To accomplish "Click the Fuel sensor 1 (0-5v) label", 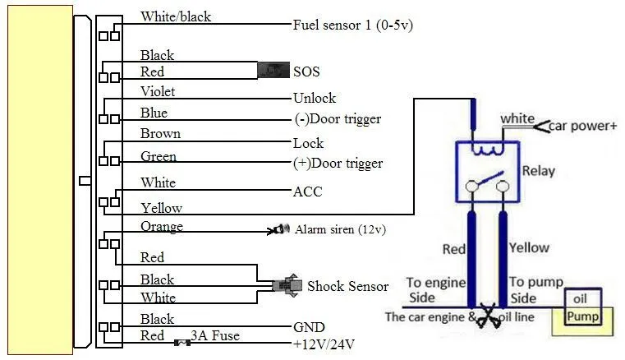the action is [x=353, y=25].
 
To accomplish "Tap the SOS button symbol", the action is [x=273, y=70].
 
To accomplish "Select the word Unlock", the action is [x=315, y=98].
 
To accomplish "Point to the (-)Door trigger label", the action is [x=338, y=119].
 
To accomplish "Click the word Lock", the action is [x=308, y=143].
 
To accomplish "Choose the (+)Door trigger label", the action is [x=338, y=164].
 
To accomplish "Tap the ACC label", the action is [x=307, y=192].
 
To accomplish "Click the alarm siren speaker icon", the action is [x=278, y=230].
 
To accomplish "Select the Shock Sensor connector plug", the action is [x=287, y=285].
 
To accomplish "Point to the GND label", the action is [x=309, y=327].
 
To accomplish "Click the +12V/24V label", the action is [x=324, y=344].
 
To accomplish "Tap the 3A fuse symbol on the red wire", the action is [x=182, y=343].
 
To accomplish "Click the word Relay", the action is [x=539, y=171].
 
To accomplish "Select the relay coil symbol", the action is [x=487, y=150].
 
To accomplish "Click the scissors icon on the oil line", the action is [x=488, y=316].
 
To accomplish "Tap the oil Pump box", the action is [x=583, y=307].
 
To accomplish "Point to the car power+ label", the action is [x=583, y=126].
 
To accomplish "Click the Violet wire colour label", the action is [x=158, y=91].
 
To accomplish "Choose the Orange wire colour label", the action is [x=162, y=227].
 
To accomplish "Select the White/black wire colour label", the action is [x=176, y=16].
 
